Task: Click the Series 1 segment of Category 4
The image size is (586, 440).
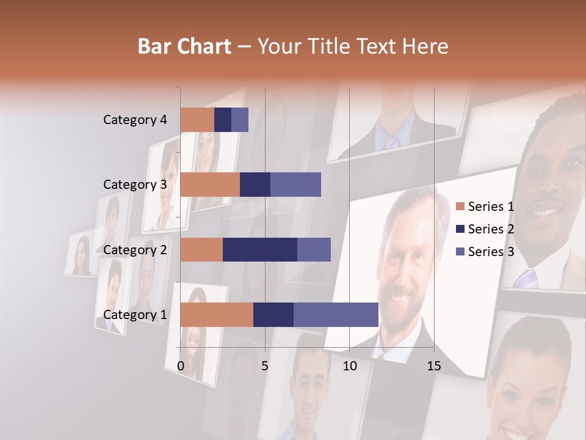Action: point(197,120)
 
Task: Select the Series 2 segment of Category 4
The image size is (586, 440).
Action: point(223,120)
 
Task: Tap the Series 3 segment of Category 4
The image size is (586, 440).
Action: point(240,120)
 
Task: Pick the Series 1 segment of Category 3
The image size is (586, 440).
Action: point(210,185)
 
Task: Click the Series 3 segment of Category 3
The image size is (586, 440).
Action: point(295,185)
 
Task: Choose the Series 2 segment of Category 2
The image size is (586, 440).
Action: point(260,249)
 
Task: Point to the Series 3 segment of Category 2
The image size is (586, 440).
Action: point(314,249)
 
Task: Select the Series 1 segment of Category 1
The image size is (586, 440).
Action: point(217,314)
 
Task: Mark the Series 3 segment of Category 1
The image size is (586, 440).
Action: point(336,314)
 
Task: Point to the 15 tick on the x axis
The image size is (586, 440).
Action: point(434,366)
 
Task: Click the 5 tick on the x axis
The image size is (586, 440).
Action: point(265,366)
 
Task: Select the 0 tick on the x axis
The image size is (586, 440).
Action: point(181,366)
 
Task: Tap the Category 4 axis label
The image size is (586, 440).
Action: point(135,120)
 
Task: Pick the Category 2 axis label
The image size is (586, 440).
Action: point(135,249)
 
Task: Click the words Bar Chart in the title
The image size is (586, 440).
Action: point(184,46)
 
